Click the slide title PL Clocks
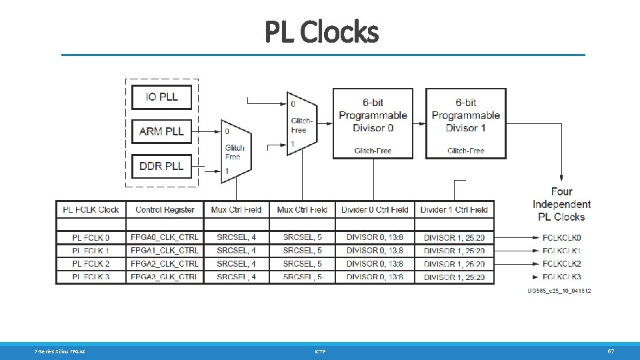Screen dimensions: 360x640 (321, 31)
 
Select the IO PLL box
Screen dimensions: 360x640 (161, 97)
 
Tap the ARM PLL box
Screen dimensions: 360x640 (161, 131)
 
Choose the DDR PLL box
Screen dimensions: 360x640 (161, 166)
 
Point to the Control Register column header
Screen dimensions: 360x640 (165, 209)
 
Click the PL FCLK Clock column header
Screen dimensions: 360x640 (91, 209)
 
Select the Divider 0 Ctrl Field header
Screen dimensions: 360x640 (375, 209)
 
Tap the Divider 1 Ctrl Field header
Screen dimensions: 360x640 (454, 209)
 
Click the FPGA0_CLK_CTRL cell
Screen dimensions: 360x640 (165, 237)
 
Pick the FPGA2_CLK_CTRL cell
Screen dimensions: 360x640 (165, 264)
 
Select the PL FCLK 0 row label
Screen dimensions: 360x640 (91, 237)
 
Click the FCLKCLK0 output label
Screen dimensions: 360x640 (561, 237)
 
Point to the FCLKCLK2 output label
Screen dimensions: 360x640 (561, 264)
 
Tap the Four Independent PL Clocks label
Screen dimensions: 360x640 (561, 204)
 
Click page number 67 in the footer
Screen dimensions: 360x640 (610, 351)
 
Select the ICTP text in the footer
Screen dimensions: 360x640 (320, 351)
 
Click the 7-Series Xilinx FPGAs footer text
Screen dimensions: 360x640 (60, 351)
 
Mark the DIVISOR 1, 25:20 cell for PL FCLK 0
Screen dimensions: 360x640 (454, 237)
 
